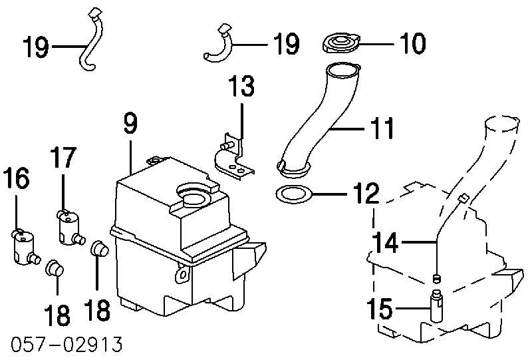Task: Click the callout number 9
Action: (131, 124)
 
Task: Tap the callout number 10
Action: (412, 43)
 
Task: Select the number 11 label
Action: (381, 128)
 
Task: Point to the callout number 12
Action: (366, 193)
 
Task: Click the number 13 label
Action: (241, 86)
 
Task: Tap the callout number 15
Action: (379, 308)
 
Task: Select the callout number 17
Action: (63, 157)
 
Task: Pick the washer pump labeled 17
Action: (70, 228)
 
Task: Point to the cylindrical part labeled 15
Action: (437, 305)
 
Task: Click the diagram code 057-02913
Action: (66, 344)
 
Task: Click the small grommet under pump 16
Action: (55, 268)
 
